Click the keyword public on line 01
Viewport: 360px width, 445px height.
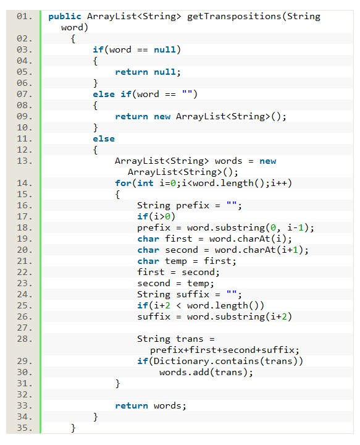(x=65, y=17)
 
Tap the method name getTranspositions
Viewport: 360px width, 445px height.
(x=234, y=17)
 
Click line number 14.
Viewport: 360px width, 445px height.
(x=24, y=184)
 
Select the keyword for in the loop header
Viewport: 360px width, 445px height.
(x=123, y=184)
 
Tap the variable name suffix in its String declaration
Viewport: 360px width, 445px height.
(x=193, y=295)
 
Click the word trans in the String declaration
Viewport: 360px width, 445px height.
(x=190, y=339)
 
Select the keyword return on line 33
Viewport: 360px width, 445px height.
(x=132, y=406)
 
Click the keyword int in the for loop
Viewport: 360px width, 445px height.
(x=145, y=184)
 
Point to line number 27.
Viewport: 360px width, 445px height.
(x=24, y=328)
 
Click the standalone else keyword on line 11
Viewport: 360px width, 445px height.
(x=104, y=139)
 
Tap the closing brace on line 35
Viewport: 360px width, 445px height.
(x=73, y=428)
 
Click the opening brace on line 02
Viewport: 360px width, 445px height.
(x=73, y=39)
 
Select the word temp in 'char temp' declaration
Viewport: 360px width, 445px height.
(x=176, y=261)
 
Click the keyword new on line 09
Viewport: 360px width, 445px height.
(x=162, y=117)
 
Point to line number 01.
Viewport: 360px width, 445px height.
(x=24, y=17)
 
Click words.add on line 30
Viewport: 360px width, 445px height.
(x=184, y=372)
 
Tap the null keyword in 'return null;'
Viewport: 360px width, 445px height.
(x=165, y=72)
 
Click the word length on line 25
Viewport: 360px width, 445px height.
(x=232, y=306)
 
